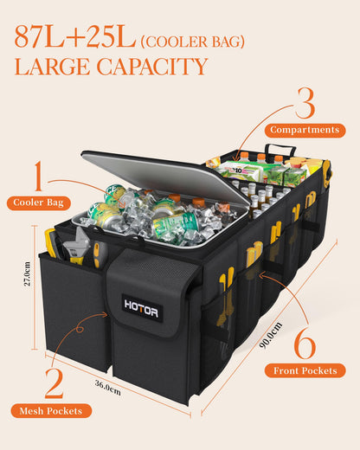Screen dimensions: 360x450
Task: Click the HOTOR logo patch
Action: coord(142,308)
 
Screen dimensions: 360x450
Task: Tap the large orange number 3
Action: coord(305,103)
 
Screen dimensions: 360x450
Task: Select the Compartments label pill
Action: coord(305,131)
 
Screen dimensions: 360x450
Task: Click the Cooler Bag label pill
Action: coord(39,202)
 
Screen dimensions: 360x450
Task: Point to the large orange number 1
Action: coord(38,176)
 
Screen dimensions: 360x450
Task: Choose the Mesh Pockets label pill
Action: coord(51,411)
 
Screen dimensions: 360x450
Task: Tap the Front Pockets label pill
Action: coord(305,370)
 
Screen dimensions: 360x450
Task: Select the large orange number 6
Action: coord(305,344)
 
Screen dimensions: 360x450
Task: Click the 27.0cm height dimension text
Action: coord(27,273)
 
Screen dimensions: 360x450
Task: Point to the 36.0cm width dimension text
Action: coord(108,388)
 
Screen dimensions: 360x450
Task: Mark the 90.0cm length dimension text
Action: coord(271,335)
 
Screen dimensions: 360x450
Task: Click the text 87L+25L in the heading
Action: coord(75,36)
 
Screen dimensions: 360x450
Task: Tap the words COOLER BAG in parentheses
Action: coord(193,42)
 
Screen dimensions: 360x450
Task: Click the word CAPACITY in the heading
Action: coord(152,67)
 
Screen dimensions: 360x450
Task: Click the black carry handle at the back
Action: coord(280,151)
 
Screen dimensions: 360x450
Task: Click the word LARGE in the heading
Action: coord(52,67)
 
